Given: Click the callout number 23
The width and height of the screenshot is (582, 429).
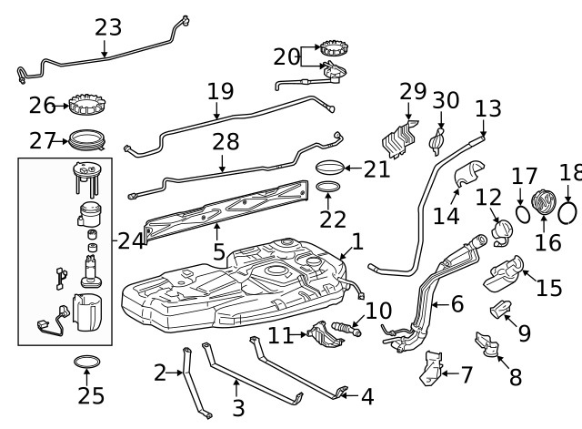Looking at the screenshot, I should [x=107, y=27].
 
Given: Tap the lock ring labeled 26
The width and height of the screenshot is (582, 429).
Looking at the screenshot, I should [x=89, y=106].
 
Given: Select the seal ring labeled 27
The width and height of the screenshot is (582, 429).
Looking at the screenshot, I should [x=88, y=140].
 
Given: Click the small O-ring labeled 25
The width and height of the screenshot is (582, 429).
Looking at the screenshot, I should [x=86, y=364].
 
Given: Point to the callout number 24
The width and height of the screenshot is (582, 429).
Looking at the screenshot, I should [x=131, y=241].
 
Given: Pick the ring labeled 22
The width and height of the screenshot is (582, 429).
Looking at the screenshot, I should [x=330, y=189].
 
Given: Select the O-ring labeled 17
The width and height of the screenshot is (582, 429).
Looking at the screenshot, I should [x=523, y=213].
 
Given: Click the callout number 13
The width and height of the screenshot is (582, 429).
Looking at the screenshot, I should [x=487, y=109].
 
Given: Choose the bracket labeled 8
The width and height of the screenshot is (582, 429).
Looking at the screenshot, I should [x=487, y=346].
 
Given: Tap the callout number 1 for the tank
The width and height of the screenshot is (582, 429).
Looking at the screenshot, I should [x=357, y=241].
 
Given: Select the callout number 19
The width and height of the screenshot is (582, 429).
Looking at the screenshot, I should [x=220, y=92].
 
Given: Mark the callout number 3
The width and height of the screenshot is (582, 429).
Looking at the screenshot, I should [x=239, y=407].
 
